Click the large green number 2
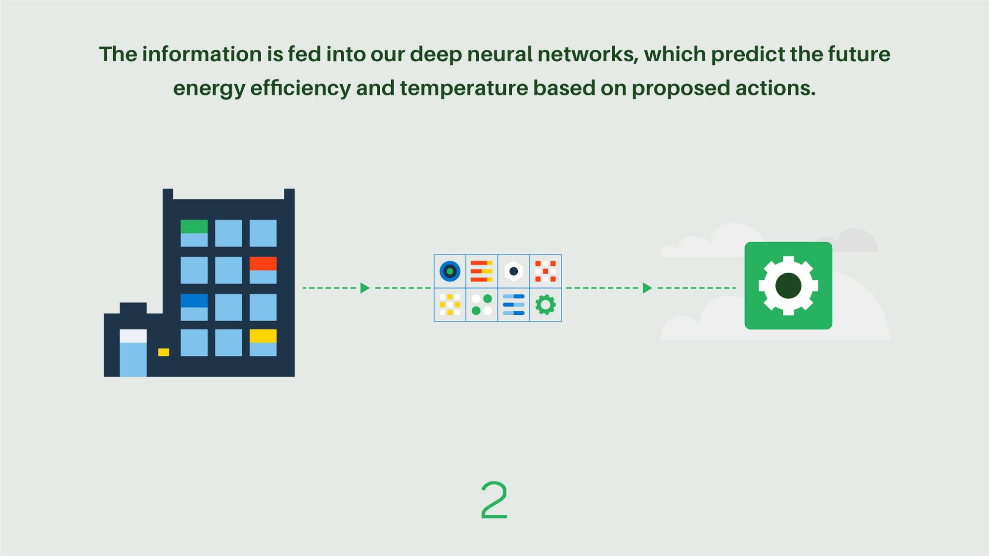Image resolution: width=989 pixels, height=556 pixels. click(494, 500)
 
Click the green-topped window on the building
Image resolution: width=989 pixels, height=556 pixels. click(194, 233)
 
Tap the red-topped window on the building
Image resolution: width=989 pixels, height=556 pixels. click(263, 270)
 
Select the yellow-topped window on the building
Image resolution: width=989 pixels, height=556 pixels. click(263, 342)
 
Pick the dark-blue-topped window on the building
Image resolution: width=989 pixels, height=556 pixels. click(194, 307)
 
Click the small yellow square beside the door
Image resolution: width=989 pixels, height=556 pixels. click(164, 352)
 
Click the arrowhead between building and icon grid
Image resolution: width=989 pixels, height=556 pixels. click(365, 288)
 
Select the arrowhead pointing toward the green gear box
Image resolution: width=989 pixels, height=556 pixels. click(647, 288)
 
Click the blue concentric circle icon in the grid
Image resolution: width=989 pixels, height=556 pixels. click(450, 271)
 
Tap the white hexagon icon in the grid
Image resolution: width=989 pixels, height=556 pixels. click(513, 271)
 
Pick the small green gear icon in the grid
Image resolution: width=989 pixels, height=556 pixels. click(545, 304)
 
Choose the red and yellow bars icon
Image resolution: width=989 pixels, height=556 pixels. click(481, 271)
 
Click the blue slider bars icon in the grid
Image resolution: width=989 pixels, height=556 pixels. click(513, 304)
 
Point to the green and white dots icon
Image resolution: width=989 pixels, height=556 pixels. click(481, 304)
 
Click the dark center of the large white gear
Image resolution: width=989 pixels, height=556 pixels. click(788, 286)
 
